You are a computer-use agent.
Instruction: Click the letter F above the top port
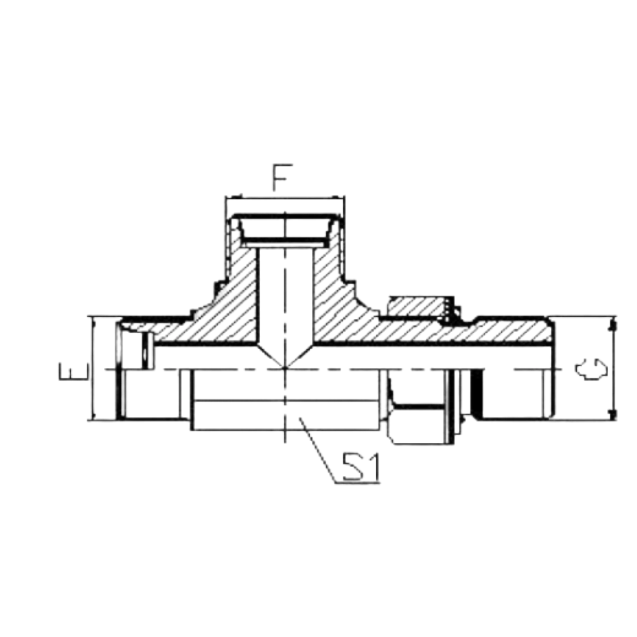pos(282,178)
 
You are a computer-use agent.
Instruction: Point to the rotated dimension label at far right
pos(591,368)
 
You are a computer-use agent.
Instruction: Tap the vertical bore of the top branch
pos(287,295)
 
